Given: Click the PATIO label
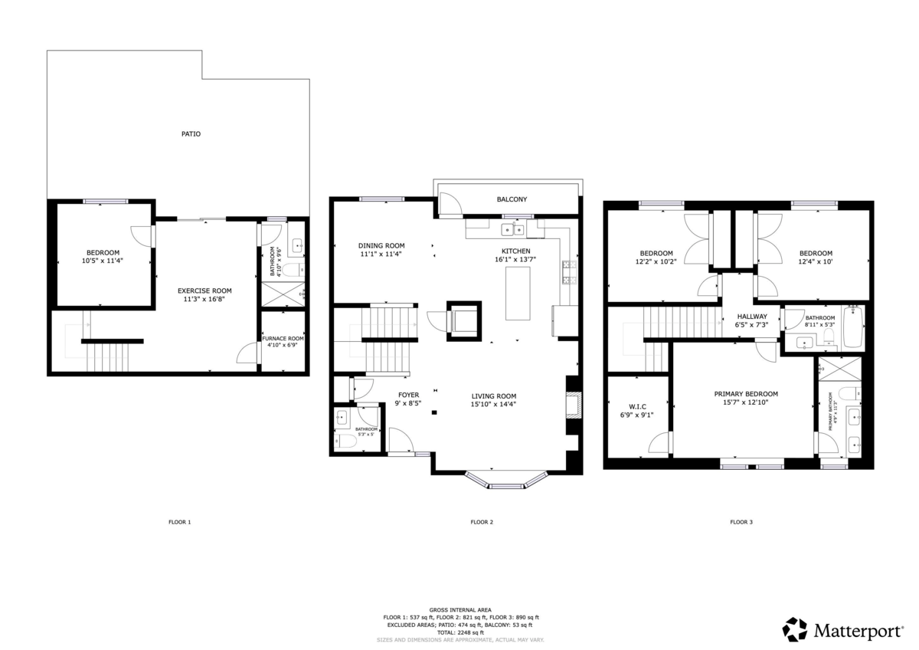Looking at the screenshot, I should pyautogui.click(x=191, y=134).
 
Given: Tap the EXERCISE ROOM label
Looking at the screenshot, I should pyautogui.click(x=204, y=291).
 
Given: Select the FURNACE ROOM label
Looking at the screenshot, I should pyautogui.click(x=283, y=338).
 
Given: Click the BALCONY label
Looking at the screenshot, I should pyautogui.click(x=512, y=199).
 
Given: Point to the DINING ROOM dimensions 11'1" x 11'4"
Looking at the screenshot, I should pyautogui.click(x=381, y=254).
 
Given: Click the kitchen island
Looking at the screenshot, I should pyautogui.click(x=518, y=294).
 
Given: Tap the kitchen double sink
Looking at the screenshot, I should pyautogui.click(x=513, y=229).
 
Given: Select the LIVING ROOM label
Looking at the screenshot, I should pyautogui.click(x=493, y=396).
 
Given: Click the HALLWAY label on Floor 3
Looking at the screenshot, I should pyautogui.click(x=752, y=317).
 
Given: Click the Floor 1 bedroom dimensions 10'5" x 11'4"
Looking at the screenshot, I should pyautogui.click(x=102, y=261).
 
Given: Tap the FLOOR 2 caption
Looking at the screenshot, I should pyautogui.click(x=481, y=522).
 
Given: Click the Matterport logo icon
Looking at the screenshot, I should pyautogui.click(x=794, y=629).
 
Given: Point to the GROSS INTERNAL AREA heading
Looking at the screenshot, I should pyautogui.click(x=460, y=610).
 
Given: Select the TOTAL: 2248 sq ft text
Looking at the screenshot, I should pyautogui.click(x=460, y=632).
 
